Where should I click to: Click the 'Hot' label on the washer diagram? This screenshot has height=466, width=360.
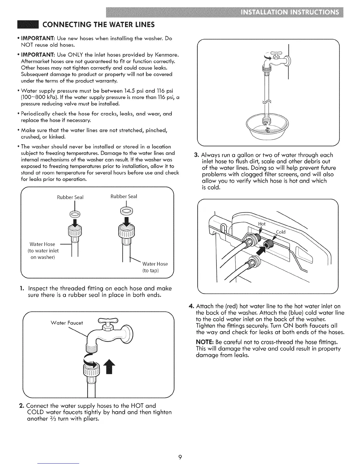(261, 224)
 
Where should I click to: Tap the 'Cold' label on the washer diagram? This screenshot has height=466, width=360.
(281, 232)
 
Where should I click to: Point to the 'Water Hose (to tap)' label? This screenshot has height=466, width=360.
(154, 267)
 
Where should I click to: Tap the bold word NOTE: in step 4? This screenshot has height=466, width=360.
(205, 342)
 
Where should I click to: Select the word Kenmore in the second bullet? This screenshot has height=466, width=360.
(167, 55)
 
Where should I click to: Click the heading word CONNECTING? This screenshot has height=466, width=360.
(63, 24)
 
